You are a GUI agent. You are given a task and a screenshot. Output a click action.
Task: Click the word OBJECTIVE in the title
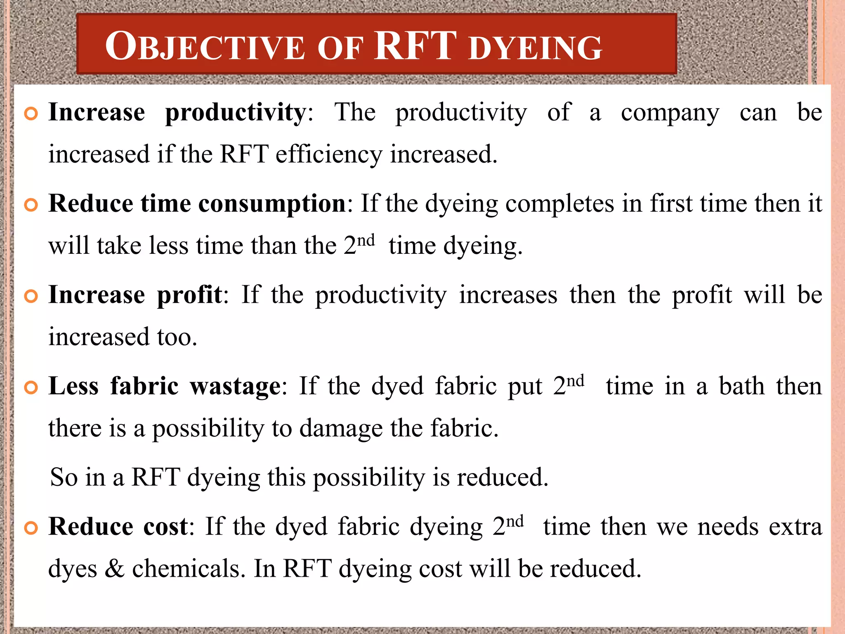[205, 47]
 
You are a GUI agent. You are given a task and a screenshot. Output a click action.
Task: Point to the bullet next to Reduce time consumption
[31, 205]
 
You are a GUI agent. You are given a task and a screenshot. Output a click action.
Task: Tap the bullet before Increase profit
[31, 296]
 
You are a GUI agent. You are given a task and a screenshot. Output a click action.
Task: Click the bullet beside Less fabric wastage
[31, 387]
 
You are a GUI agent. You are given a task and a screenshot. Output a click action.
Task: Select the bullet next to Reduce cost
[31, 528]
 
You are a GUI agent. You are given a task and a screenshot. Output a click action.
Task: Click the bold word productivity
[235, 113]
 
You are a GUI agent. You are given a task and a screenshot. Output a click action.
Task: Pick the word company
[670, 113]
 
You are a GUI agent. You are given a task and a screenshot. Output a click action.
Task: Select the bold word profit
[189, 295]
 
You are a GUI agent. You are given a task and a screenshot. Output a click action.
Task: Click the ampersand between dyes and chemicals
[114, 568]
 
